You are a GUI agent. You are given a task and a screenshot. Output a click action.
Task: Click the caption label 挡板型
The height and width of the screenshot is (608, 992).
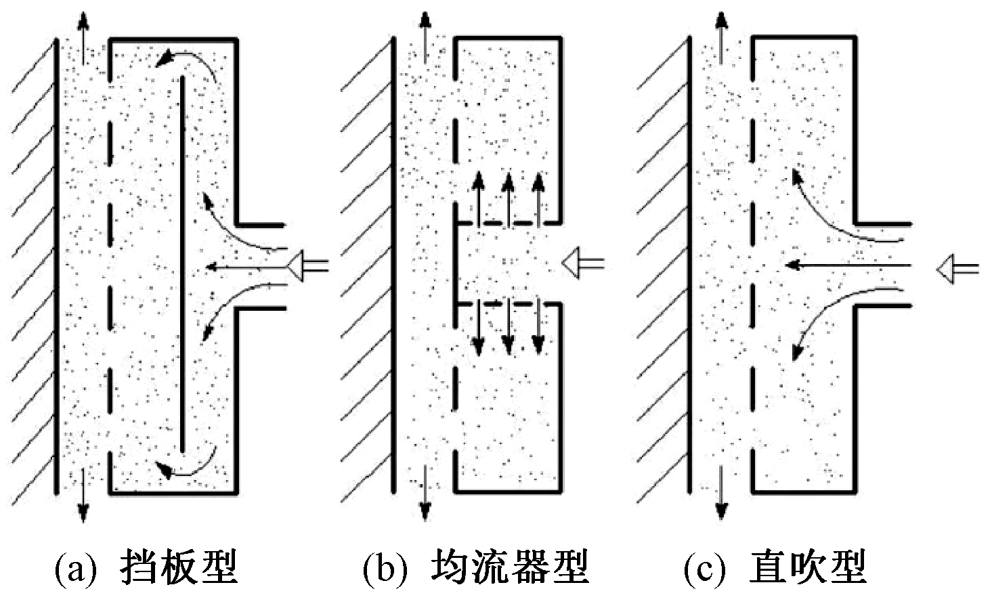pos(179,567)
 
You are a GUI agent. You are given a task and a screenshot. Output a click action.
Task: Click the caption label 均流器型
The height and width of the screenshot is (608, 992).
pos(509,567)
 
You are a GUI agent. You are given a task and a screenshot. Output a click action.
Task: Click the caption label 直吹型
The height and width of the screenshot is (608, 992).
pos(808,567)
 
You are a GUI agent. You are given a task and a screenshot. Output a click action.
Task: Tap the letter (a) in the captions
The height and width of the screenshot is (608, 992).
pos(72,569)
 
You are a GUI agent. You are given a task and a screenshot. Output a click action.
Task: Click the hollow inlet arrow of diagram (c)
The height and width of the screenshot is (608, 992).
pos(957,269)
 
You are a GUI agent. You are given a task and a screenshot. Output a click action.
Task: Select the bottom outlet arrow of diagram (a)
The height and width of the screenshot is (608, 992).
pos(83,498)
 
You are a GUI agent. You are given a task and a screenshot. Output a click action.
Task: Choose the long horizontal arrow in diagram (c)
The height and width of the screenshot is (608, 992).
pos(846,264)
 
